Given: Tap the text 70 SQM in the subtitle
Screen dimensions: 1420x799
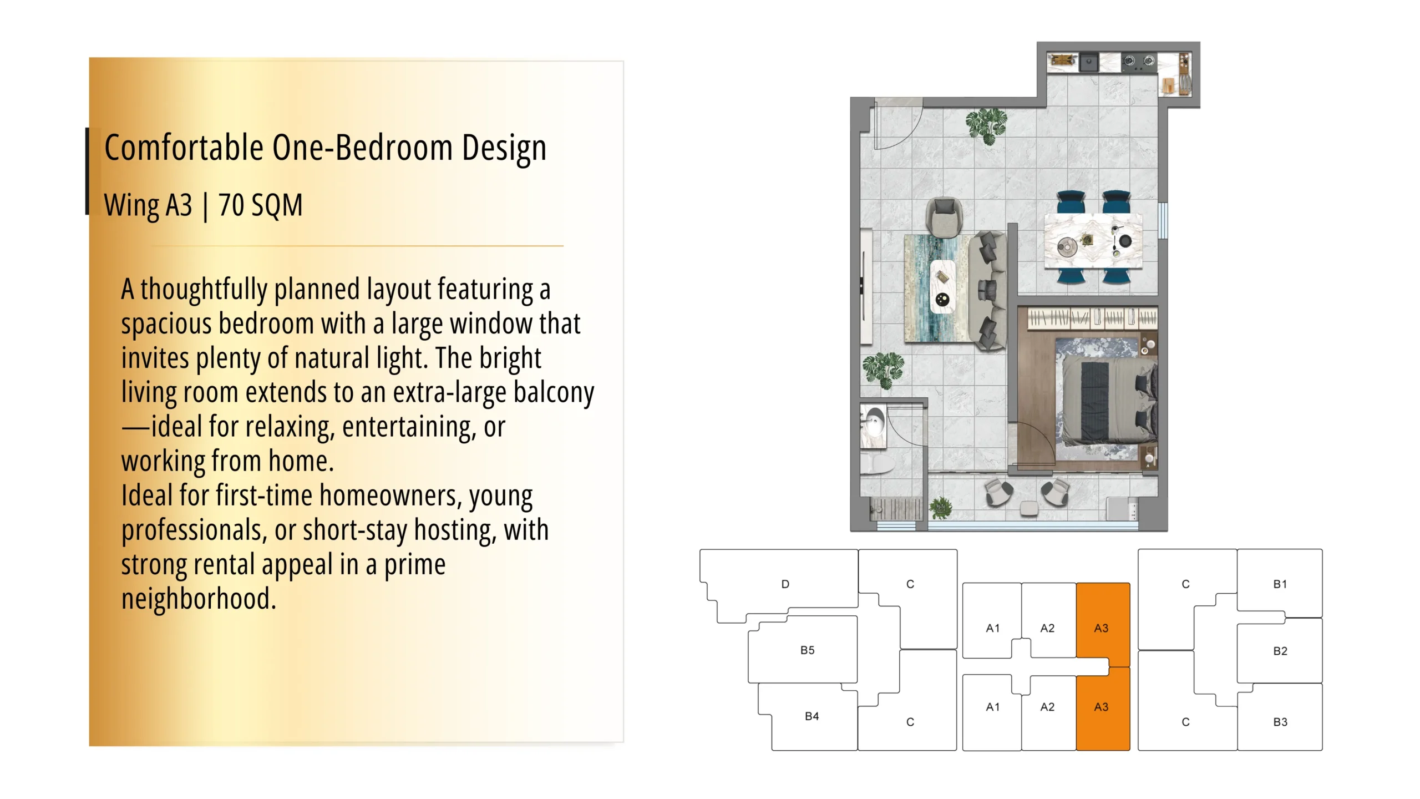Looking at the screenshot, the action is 261,205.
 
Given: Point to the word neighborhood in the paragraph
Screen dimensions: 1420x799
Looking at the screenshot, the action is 199,598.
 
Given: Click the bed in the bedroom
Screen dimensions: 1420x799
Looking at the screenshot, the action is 1106,400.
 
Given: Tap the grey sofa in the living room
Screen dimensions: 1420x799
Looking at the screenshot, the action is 988,291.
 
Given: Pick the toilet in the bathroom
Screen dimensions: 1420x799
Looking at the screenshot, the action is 878,463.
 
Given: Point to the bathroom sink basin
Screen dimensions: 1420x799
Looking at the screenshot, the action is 872,426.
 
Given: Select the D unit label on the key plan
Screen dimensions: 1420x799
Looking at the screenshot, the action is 785,584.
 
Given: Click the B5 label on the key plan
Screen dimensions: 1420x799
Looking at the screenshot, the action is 807,650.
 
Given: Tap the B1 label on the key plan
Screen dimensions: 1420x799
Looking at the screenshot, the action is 1280,584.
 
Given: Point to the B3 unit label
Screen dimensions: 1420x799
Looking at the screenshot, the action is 1280,722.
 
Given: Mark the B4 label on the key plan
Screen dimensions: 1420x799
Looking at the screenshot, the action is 812,716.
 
